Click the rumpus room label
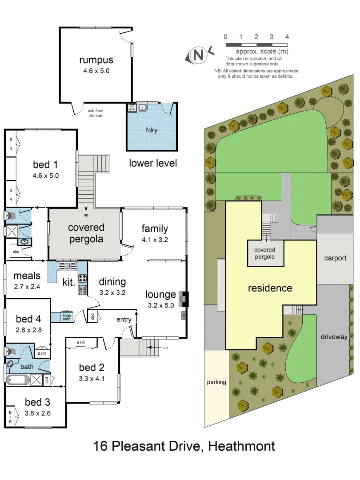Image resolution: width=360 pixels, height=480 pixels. coord(96,60)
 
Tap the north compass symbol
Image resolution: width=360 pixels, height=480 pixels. coord(199,55)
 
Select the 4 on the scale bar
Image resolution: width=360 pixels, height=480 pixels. coord(287,37)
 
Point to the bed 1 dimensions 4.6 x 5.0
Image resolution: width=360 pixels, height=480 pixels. coord(46,176)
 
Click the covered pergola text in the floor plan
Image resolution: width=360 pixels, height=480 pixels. coord(86,233)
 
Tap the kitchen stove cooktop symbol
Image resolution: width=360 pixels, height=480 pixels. coord(83,279)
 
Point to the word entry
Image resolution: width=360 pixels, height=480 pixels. coord(124,319)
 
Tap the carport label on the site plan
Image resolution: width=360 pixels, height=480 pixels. coord(335,258)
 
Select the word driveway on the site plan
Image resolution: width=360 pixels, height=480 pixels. coord(334,336)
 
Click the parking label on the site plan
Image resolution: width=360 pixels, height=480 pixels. coord(216,382)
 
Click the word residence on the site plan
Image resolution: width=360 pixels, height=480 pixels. coord(270,288)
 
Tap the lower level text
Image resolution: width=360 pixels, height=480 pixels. coord(153,163)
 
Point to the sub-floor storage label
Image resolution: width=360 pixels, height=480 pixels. coord(95,113)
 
